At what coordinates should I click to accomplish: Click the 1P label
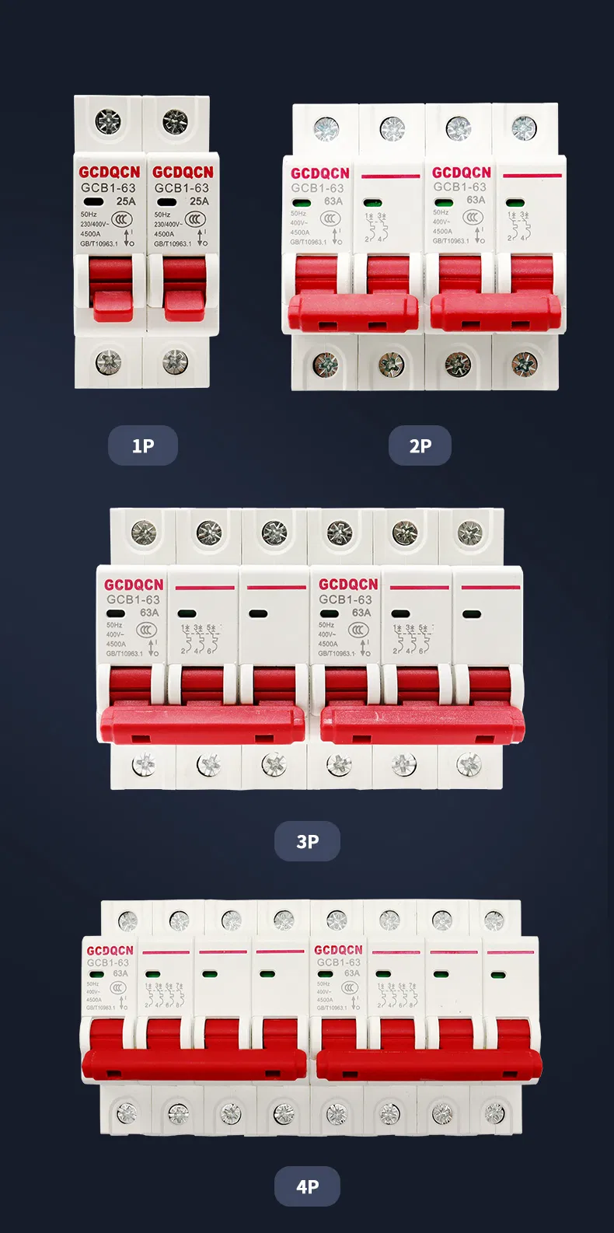point(143,445)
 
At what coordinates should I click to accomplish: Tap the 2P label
point(420,445)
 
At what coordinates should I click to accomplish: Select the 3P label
point(307,841)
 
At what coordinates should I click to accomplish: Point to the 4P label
point(307,1186)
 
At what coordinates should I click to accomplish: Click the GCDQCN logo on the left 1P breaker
point(110,172)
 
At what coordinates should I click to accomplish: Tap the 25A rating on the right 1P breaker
point(199,201)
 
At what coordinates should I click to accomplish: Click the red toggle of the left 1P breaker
point(112,292)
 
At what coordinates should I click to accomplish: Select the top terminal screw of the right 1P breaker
point(176,121)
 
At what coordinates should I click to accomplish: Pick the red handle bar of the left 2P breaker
point(354,313)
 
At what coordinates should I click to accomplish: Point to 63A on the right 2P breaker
point(476,200)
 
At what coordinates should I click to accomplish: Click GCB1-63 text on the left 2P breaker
point(317,188)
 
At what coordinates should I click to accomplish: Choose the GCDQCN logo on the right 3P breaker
point(348,585)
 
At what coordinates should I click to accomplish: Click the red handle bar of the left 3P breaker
point(202,724)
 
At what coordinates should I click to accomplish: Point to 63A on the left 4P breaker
point(120,973)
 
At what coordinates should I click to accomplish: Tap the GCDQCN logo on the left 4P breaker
point(110,951)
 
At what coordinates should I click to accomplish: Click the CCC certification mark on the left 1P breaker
point(121,219)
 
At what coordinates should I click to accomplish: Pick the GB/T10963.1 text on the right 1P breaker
point(173,244)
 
